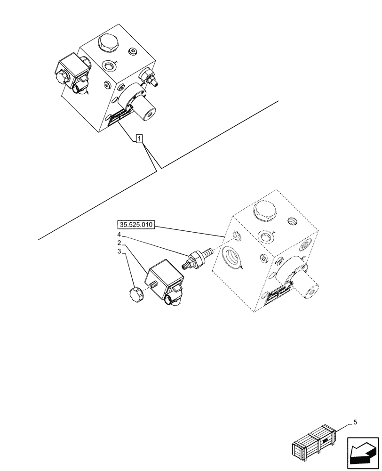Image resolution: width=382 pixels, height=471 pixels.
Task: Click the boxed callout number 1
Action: point(139,138)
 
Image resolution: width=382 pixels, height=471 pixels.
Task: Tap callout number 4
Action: point(119,234)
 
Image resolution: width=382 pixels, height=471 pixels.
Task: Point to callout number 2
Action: point(119,243)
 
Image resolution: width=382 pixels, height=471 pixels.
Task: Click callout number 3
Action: point(119,252)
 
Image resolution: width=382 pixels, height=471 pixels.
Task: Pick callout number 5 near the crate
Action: point(355,422)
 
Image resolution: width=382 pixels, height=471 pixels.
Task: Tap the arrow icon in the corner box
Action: point(363,453)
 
